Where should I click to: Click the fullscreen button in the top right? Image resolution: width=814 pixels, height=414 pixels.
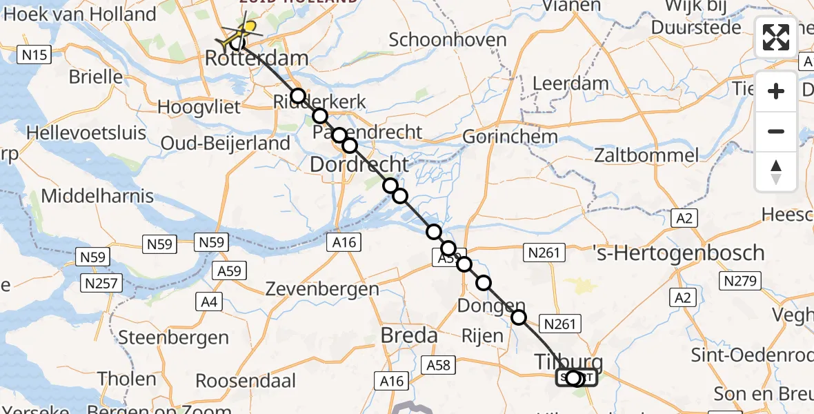(776, 37)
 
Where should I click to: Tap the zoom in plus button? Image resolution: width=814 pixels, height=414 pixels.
(776, 91)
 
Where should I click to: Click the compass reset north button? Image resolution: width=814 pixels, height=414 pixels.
(776, 172)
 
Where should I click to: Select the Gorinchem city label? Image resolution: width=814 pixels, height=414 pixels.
(510, 137)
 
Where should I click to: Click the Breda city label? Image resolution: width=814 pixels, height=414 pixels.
(409, 336)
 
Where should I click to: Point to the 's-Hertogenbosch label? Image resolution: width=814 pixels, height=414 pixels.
(679, 253)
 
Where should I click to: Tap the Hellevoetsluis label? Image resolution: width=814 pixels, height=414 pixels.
(86, 132)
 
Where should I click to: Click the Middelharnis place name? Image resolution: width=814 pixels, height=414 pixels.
(97, 196)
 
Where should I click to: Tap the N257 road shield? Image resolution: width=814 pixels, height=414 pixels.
(101, 283)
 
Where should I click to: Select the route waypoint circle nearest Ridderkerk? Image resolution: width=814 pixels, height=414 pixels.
(297, 95)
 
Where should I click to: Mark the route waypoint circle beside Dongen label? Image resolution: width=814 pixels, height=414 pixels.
(519, 317)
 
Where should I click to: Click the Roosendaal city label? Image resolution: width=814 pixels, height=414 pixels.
(246, 380)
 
